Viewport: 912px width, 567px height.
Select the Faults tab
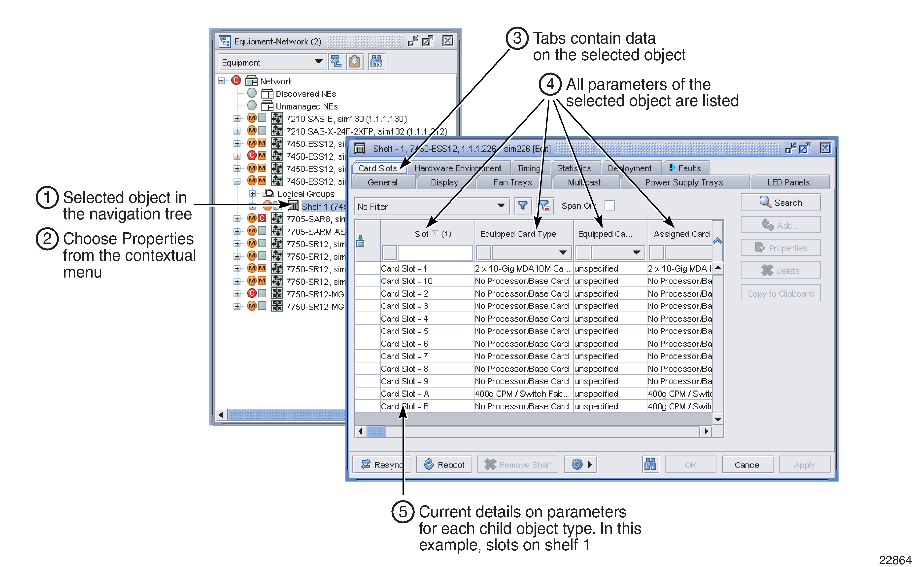coord(685,168)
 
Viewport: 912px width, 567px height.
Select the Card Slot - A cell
coord(405,394)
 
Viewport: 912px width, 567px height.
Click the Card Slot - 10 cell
coord(407,281)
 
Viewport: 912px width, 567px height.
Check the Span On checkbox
coord(609,206)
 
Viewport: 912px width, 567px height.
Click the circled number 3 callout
coord(517,38)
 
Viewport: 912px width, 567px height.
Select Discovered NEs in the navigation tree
coord(305,94)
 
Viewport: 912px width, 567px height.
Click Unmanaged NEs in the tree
coord(306,106)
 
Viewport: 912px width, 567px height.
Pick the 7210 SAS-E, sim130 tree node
coord(346,119)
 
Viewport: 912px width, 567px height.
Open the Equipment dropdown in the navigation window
coord(271,62)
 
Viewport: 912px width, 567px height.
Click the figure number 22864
coord(895,560)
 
